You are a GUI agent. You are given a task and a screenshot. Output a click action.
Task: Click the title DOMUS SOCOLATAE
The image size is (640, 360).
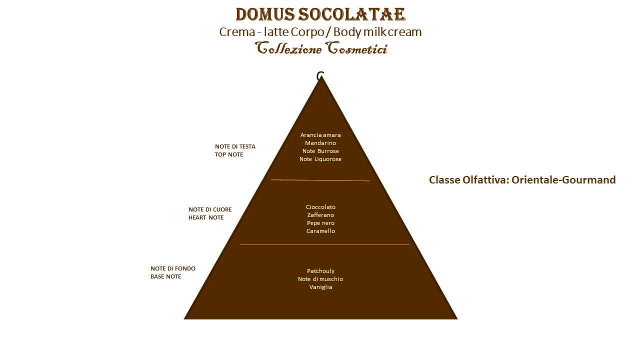coord(320,14)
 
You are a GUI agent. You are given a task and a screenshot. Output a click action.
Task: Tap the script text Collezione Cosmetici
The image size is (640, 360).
coord(321,48)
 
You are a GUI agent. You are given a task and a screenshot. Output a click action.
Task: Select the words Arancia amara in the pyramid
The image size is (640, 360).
coord(320,135)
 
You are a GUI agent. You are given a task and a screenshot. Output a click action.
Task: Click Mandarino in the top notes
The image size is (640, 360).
coord(320,143)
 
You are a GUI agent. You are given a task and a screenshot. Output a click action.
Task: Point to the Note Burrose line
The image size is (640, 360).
coord(320,151)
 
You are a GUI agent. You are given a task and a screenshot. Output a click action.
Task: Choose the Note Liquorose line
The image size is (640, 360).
coord(320,159)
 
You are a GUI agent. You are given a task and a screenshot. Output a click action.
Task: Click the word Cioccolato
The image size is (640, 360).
coord(320,207)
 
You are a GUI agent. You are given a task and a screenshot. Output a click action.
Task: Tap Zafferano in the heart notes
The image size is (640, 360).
coord(320,215)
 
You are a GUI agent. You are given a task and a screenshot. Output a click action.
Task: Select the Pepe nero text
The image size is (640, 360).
coord(320,223)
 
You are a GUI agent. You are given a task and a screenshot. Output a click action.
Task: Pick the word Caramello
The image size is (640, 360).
coord(320,231)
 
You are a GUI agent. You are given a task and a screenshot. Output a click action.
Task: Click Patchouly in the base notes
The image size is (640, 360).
coord(320,271)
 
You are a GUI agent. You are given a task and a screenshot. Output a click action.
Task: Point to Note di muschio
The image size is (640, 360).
coord(320,279)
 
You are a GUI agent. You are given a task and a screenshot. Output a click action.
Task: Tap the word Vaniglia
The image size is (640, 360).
coord(320,287)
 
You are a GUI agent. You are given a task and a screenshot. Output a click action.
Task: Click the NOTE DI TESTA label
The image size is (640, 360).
coord(235,146)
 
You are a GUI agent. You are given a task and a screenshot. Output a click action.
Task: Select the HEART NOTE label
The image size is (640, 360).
coord(206,217)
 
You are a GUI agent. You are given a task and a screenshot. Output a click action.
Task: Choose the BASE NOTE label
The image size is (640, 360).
coord(165,276)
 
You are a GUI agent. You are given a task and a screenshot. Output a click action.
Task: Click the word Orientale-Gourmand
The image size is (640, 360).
coord(563,180)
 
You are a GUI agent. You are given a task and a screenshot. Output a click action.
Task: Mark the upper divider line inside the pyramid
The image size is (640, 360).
coord(320,180)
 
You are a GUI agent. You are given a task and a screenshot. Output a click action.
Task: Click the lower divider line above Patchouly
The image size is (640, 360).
coord(324,244)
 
